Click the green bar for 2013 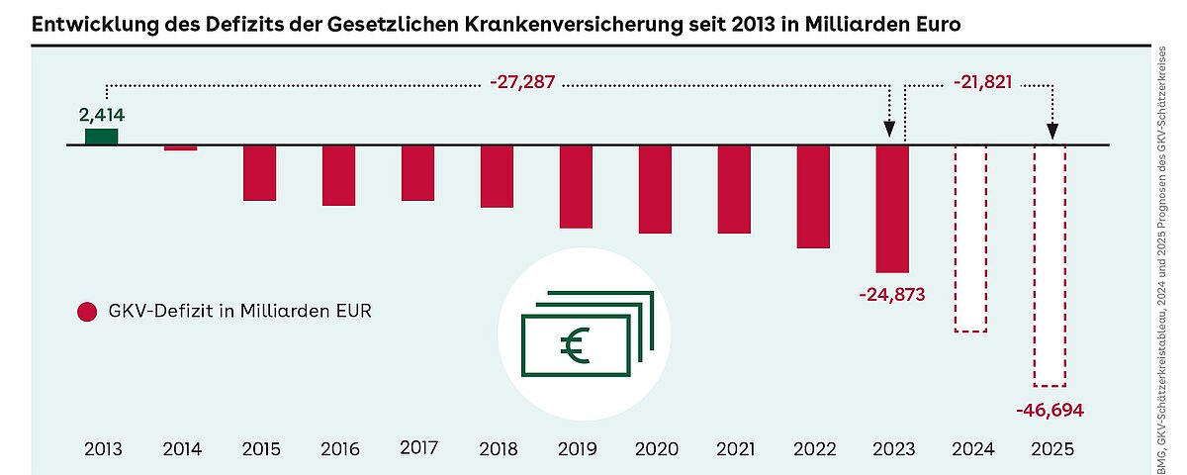pyautogui.click(x=101, y=137)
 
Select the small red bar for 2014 pyautogui.click(x=180, y=147)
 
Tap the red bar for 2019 pyautogui.click(x=576, y=186)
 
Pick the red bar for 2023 pyautogui.click(x=892, y=209)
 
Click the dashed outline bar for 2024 pyautogui.click(x=970, y=238)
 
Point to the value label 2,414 pyautogui.click(x=101, y=116)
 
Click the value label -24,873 pyautogui.click(x=892, y=294)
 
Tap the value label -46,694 pyautogui.click(x=1050, y=408)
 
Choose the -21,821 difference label pyautogui.click(x=982, y=82)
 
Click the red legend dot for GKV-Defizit pyautogui.click(x=85, y=312)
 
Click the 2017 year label pyautogui.click(x=419, y=447)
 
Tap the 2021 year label pyautogui.click(x=734, y=448)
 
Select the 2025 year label pyautogui.click(x=1050, y=448)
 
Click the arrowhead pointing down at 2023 pyautogui.click(x=889, y=130)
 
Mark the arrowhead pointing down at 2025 pyautogui.click(x=1052, y=130)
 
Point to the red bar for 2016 pyautogui.click(x=338, y=175)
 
